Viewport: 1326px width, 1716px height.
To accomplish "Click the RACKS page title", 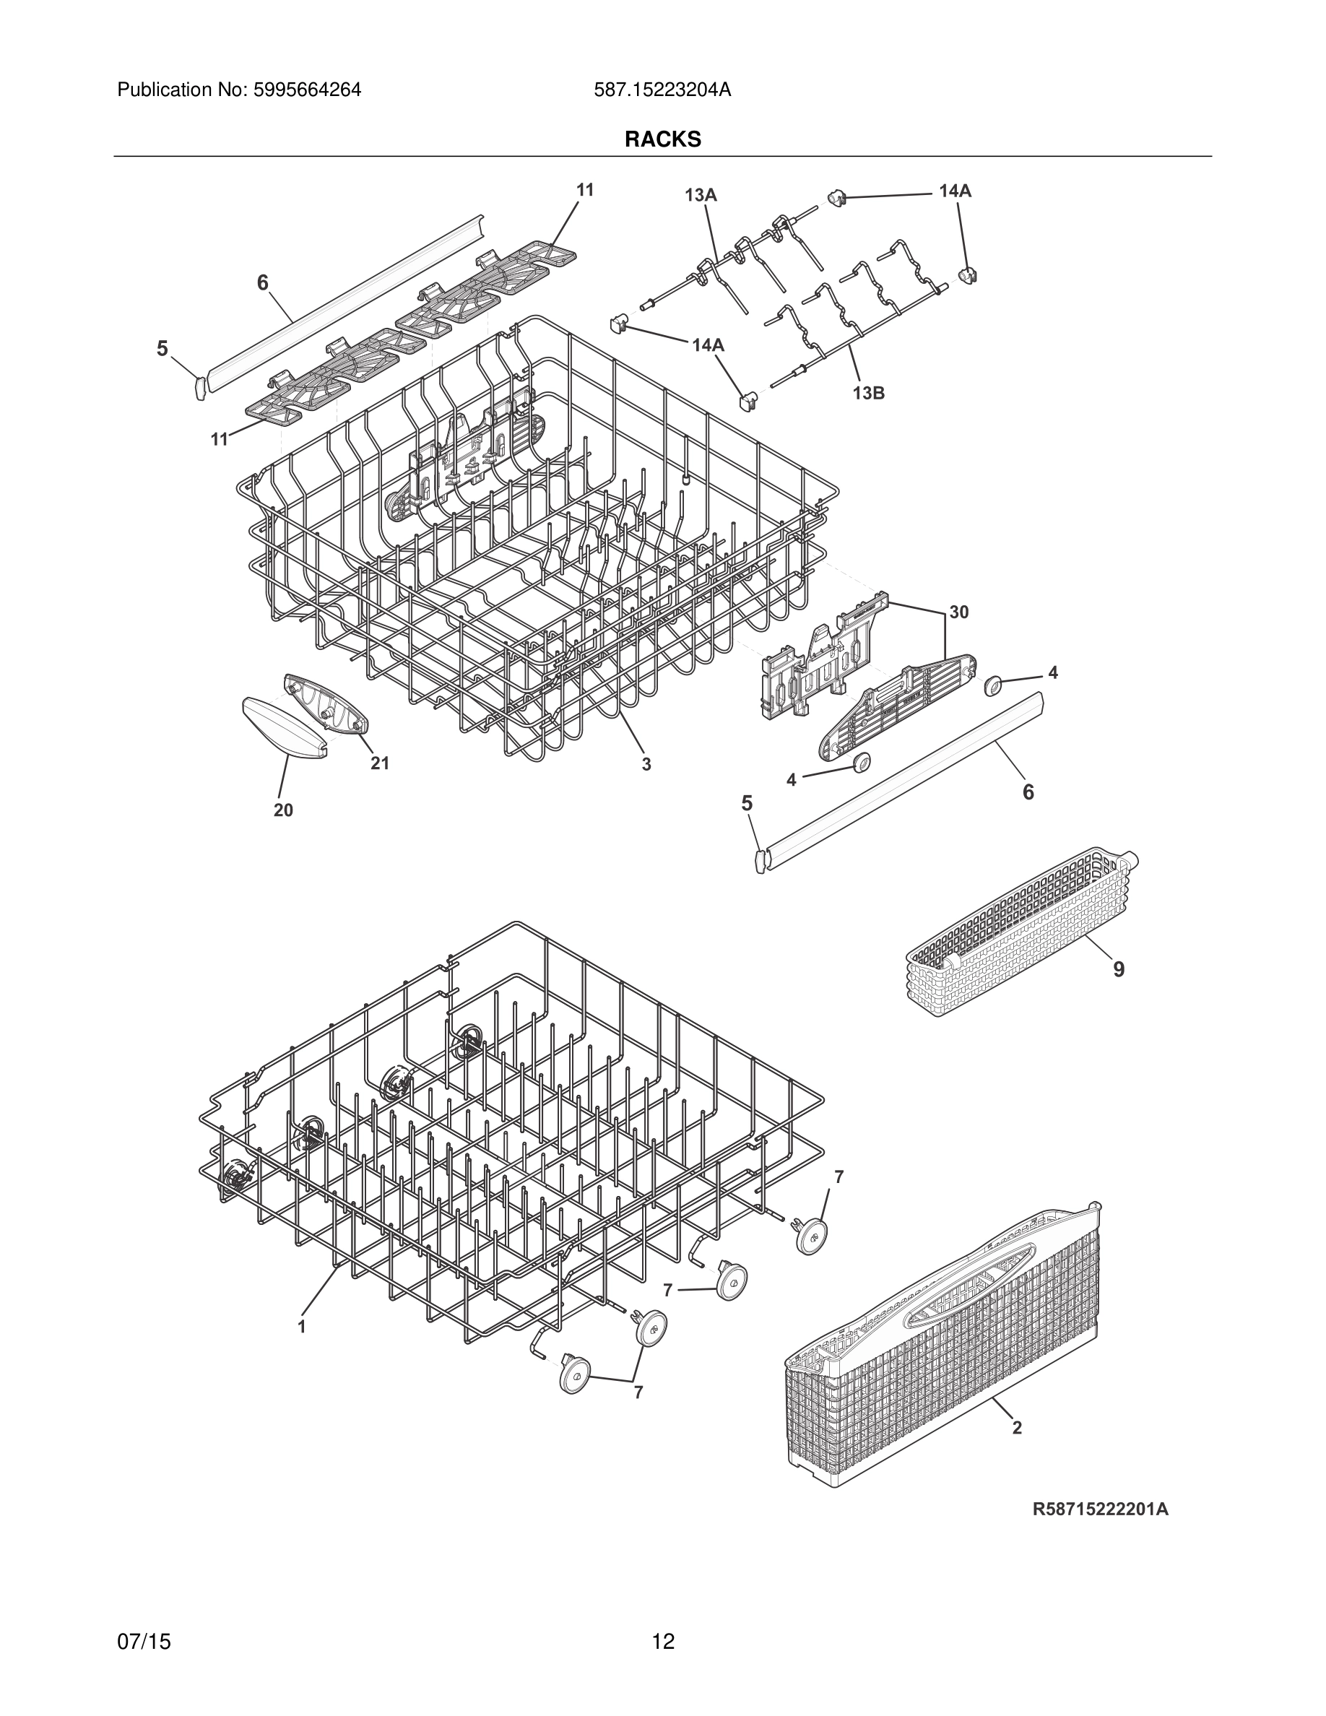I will pyautogui.click(x=662, y=139).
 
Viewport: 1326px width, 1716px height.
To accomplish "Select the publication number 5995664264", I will pyautogui.click(x=239, y=90).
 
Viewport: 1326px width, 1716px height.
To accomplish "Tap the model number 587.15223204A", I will pyautogui.click(x=662, y=90).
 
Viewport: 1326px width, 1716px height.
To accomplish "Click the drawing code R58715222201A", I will pyautogui.click(x=1100, y=1509).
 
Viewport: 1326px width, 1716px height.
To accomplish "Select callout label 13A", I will pyautogui.click(x=700, y=196).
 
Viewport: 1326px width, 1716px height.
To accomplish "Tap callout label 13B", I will pyautogui.click(x=868, y=394).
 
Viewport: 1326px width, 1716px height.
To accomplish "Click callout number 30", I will pyautogui.click(x=958, y=612).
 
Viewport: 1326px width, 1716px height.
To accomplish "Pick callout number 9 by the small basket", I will pyautogui.click(x=1119, y=969).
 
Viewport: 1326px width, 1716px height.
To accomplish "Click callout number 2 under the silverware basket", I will pyautogui.click(x=1016, y=1428).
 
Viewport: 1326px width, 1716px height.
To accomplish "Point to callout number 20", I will pyautogui.click(x=283, y=810).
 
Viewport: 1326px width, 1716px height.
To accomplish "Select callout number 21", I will pyautogui.click(x=379, y=763).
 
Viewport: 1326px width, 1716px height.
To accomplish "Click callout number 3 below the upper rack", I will pyautogui.click(x=646, y=763).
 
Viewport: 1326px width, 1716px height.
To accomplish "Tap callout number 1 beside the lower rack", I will pyautogui.click(x=301, y=1327).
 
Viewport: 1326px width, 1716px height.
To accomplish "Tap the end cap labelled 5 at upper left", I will pyautogui.click(x=199, y=386).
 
